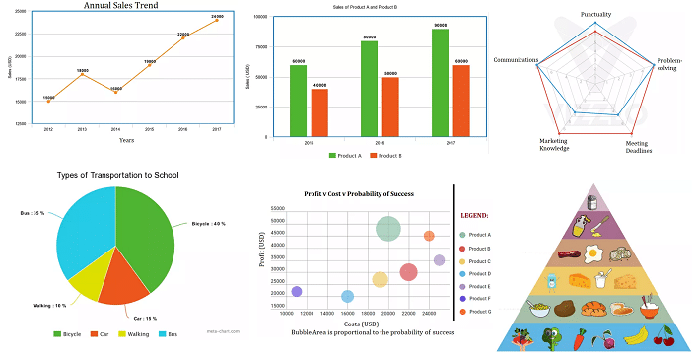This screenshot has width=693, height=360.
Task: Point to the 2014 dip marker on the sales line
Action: click(115, 91)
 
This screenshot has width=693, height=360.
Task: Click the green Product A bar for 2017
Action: click(440, 83)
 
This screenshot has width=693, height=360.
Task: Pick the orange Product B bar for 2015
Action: click(319, 112)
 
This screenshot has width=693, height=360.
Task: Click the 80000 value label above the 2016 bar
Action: click(370, 37)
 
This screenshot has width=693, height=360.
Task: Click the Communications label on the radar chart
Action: click(516, 60)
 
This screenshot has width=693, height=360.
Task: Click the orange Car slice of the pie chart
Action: click(126, 275)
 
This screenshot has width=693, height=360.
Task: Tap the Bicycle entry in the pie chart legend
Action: click(70, 335)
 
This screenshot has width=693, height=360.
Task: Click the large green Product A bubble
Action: click(388, 229)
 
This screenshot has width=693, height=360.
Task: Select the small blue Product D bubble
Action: click(347, 296)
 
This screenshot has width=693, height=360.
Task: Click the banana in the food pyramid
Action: click(636, 336)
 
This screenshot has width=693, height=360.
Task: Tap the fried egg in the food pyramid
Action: click(595, 253)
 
